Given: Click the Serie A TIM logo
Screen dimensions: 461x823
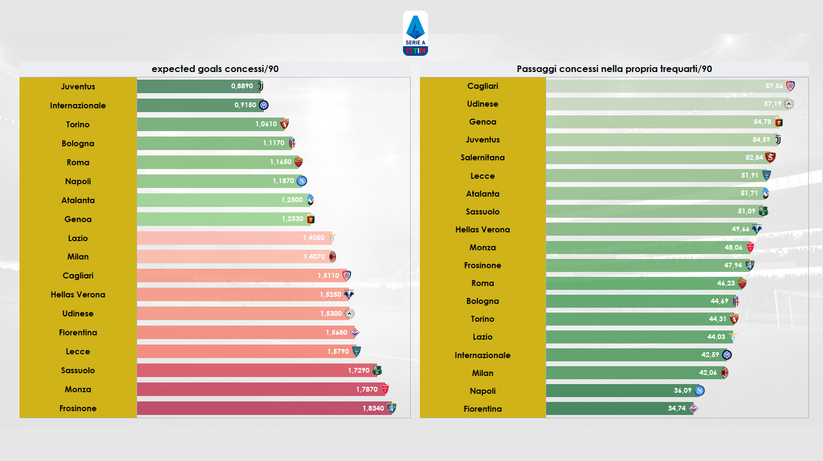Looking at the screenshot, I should (416, 34).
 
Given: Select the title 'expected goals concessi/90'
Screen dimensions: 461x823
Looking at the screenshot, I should (215, 69).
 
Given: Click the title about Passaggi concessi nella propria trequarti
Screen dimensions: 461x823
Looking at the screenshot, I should (614, 69).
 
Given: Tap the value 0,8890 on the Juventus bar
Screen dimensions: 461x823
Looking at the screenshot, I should (242, 86).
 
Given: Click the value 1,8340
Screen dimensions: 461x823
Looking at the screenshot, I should (373, 408).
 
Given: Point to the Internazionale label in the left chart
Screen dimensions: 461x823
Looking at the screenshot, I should (78, 106).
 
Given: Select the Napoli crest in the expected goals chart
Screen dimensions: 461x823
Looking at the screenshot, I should (302, 181).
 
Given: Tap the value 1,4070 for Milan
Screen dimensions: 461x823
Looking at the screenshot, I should (314, 257).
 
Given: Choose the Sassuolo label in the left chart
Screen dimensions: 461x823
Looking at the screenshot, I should (78, 371).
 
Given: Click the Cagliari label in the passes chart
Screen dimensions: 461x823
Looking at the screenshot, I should (483, 86).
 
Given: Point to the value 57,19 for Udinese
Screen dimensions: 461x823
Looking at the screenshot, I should (773, 104).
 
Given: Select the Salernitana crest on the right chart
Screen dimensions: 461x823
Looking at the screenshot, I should (770, 158).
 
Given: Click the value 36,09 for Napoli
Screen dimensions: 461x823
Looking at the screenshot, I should (683, 391).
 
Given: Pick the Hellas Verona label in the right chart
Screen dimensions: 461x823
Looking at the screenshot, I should (483, 230).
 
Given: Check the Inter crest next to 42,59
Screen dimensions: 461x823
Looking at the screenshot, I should (727, 355).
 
